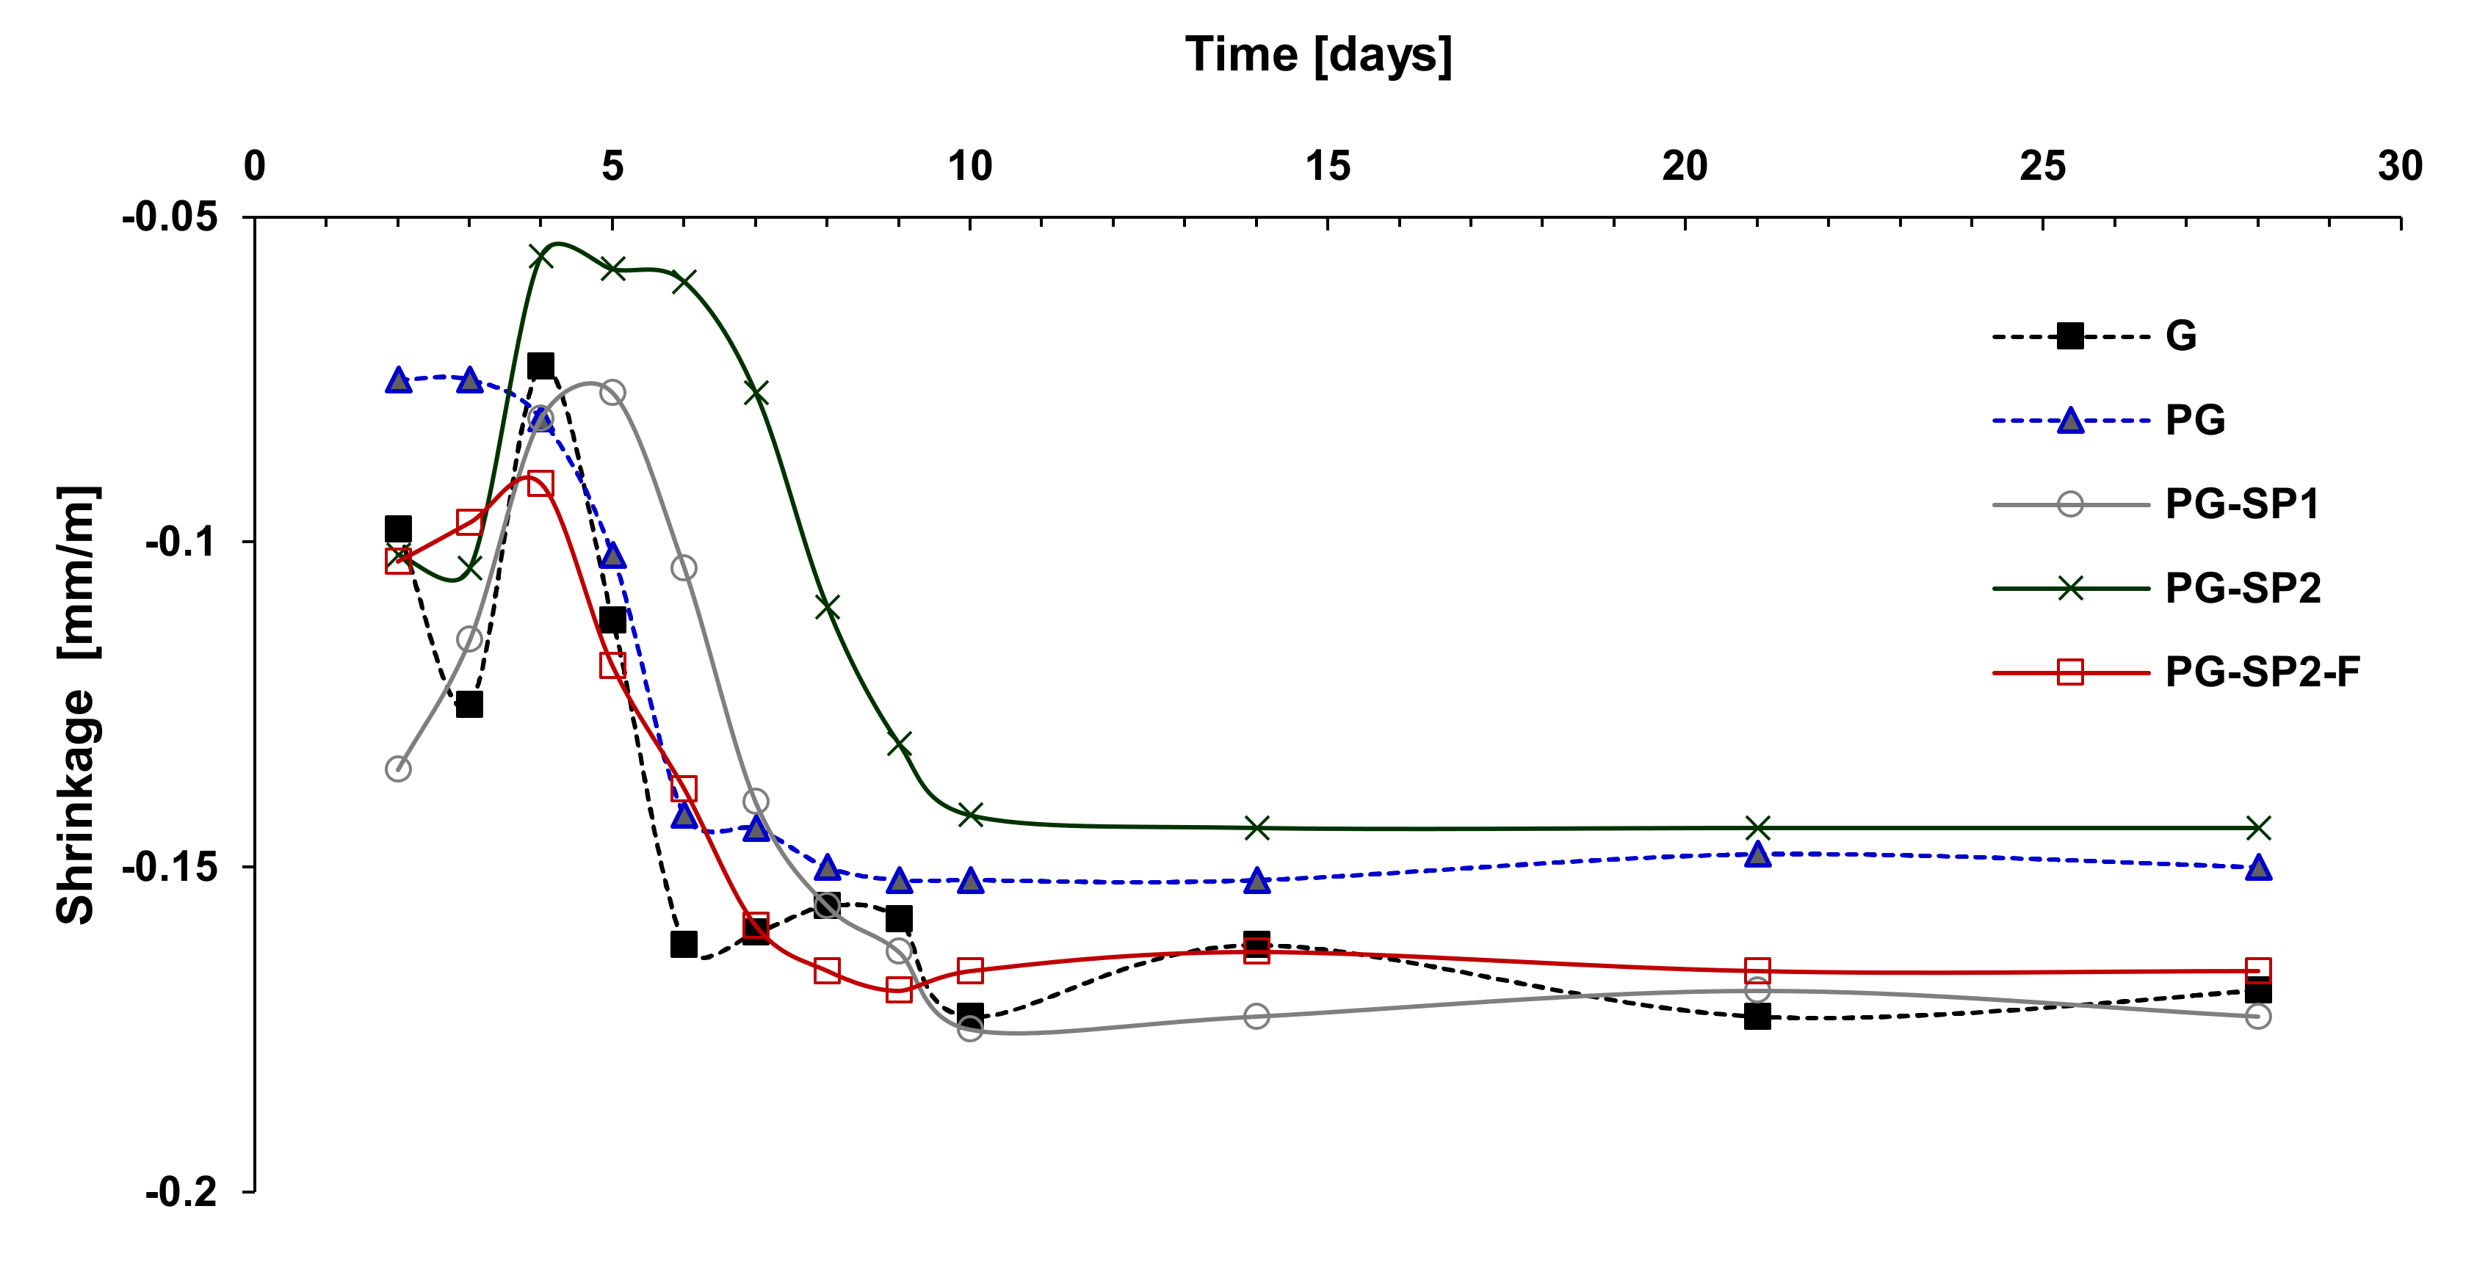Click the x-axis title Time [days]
[x=1317, y=55]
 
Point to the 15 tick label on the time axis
[x=1327, y=167]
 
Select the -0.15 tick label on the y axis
[x=170, y=867]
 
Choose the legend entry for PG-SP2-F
[x=2261, y=672]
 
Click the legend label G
[x=2181, y=336]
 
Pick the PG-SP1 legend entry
[x=2241, y=504]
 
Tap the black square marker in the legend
[x=2070, y=336]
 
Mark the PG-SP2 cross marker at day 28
[x=2257, y=827]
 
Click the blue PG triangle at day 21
[x=1757, y=854]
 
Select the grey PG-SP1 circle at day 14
[x=1256, y=1016]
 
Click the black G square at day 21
[x=1757, y=1016]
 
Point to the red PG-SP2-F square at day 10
[x=969, y=970]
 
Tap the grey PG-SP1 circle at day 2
[x=398, y=769]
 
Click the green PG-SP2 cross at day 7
[x=755, y=393]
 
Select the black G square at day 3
[x=469, y=704]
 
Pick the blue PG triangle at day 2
[x=398, y=380]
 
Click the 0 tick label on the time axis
[x=254, y=167]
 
